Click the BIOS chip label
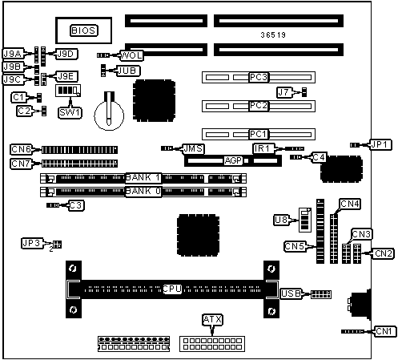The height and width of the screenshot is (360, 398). (x=84, y=30)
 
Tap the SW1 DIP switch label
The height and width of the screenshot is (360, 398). (x=70, y=112)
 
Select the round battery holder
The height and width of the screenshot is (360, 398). (x=109, y=115)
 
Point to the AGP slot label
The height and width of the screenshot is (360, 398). (x=233, y=160)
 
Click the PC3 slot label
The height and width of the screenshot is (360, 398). (x=259, y=77)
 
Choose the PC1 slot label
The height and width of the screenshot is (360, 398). (x=259, y=134)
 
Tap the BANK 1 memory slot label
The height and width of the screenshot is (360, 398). (x=143, y=178)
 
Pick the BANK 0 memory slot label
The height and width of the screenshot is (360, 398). (x=143, y=192)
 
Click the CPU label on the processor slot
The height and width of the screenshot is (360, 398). (x=172, y=289)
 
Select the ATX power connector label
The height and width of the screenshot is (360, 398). (x=212, y=319)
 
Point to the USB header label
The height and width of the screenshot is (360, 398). (x=291, y=293)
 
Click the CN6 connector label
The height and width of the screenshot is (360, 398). (x=21, y=149)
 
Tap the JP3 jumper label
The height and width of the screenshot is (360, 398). (x=31, y=243)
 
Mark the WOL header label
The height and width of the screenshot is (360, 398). (x=131, y=55)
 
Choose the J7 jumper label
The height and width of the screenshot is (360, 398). (x=283, y=92)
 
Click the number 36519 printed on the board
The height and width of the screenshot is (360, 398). (x=273, y=35)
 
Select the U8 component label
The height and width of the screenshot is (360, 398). (x=281, y=220)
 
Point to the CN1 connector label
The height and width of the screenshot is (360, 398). (x=384, y=331)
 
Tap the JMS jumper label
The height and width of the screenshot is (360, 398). (x=194, y=148)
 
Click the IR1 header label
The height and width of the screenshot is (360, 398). (x=262, y=148)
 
